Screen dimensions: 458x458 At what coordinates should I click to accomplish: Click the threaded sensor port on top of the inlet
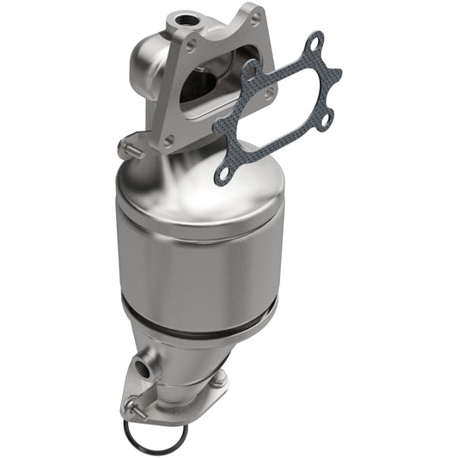click(x=183, y=18)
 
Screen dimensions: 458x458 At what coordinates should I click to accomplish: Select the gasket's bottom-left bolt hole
click(x=223, y=174)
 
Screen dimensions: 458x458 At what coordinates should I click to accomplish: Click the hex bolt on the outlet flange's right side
click(x=218, y=379)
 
